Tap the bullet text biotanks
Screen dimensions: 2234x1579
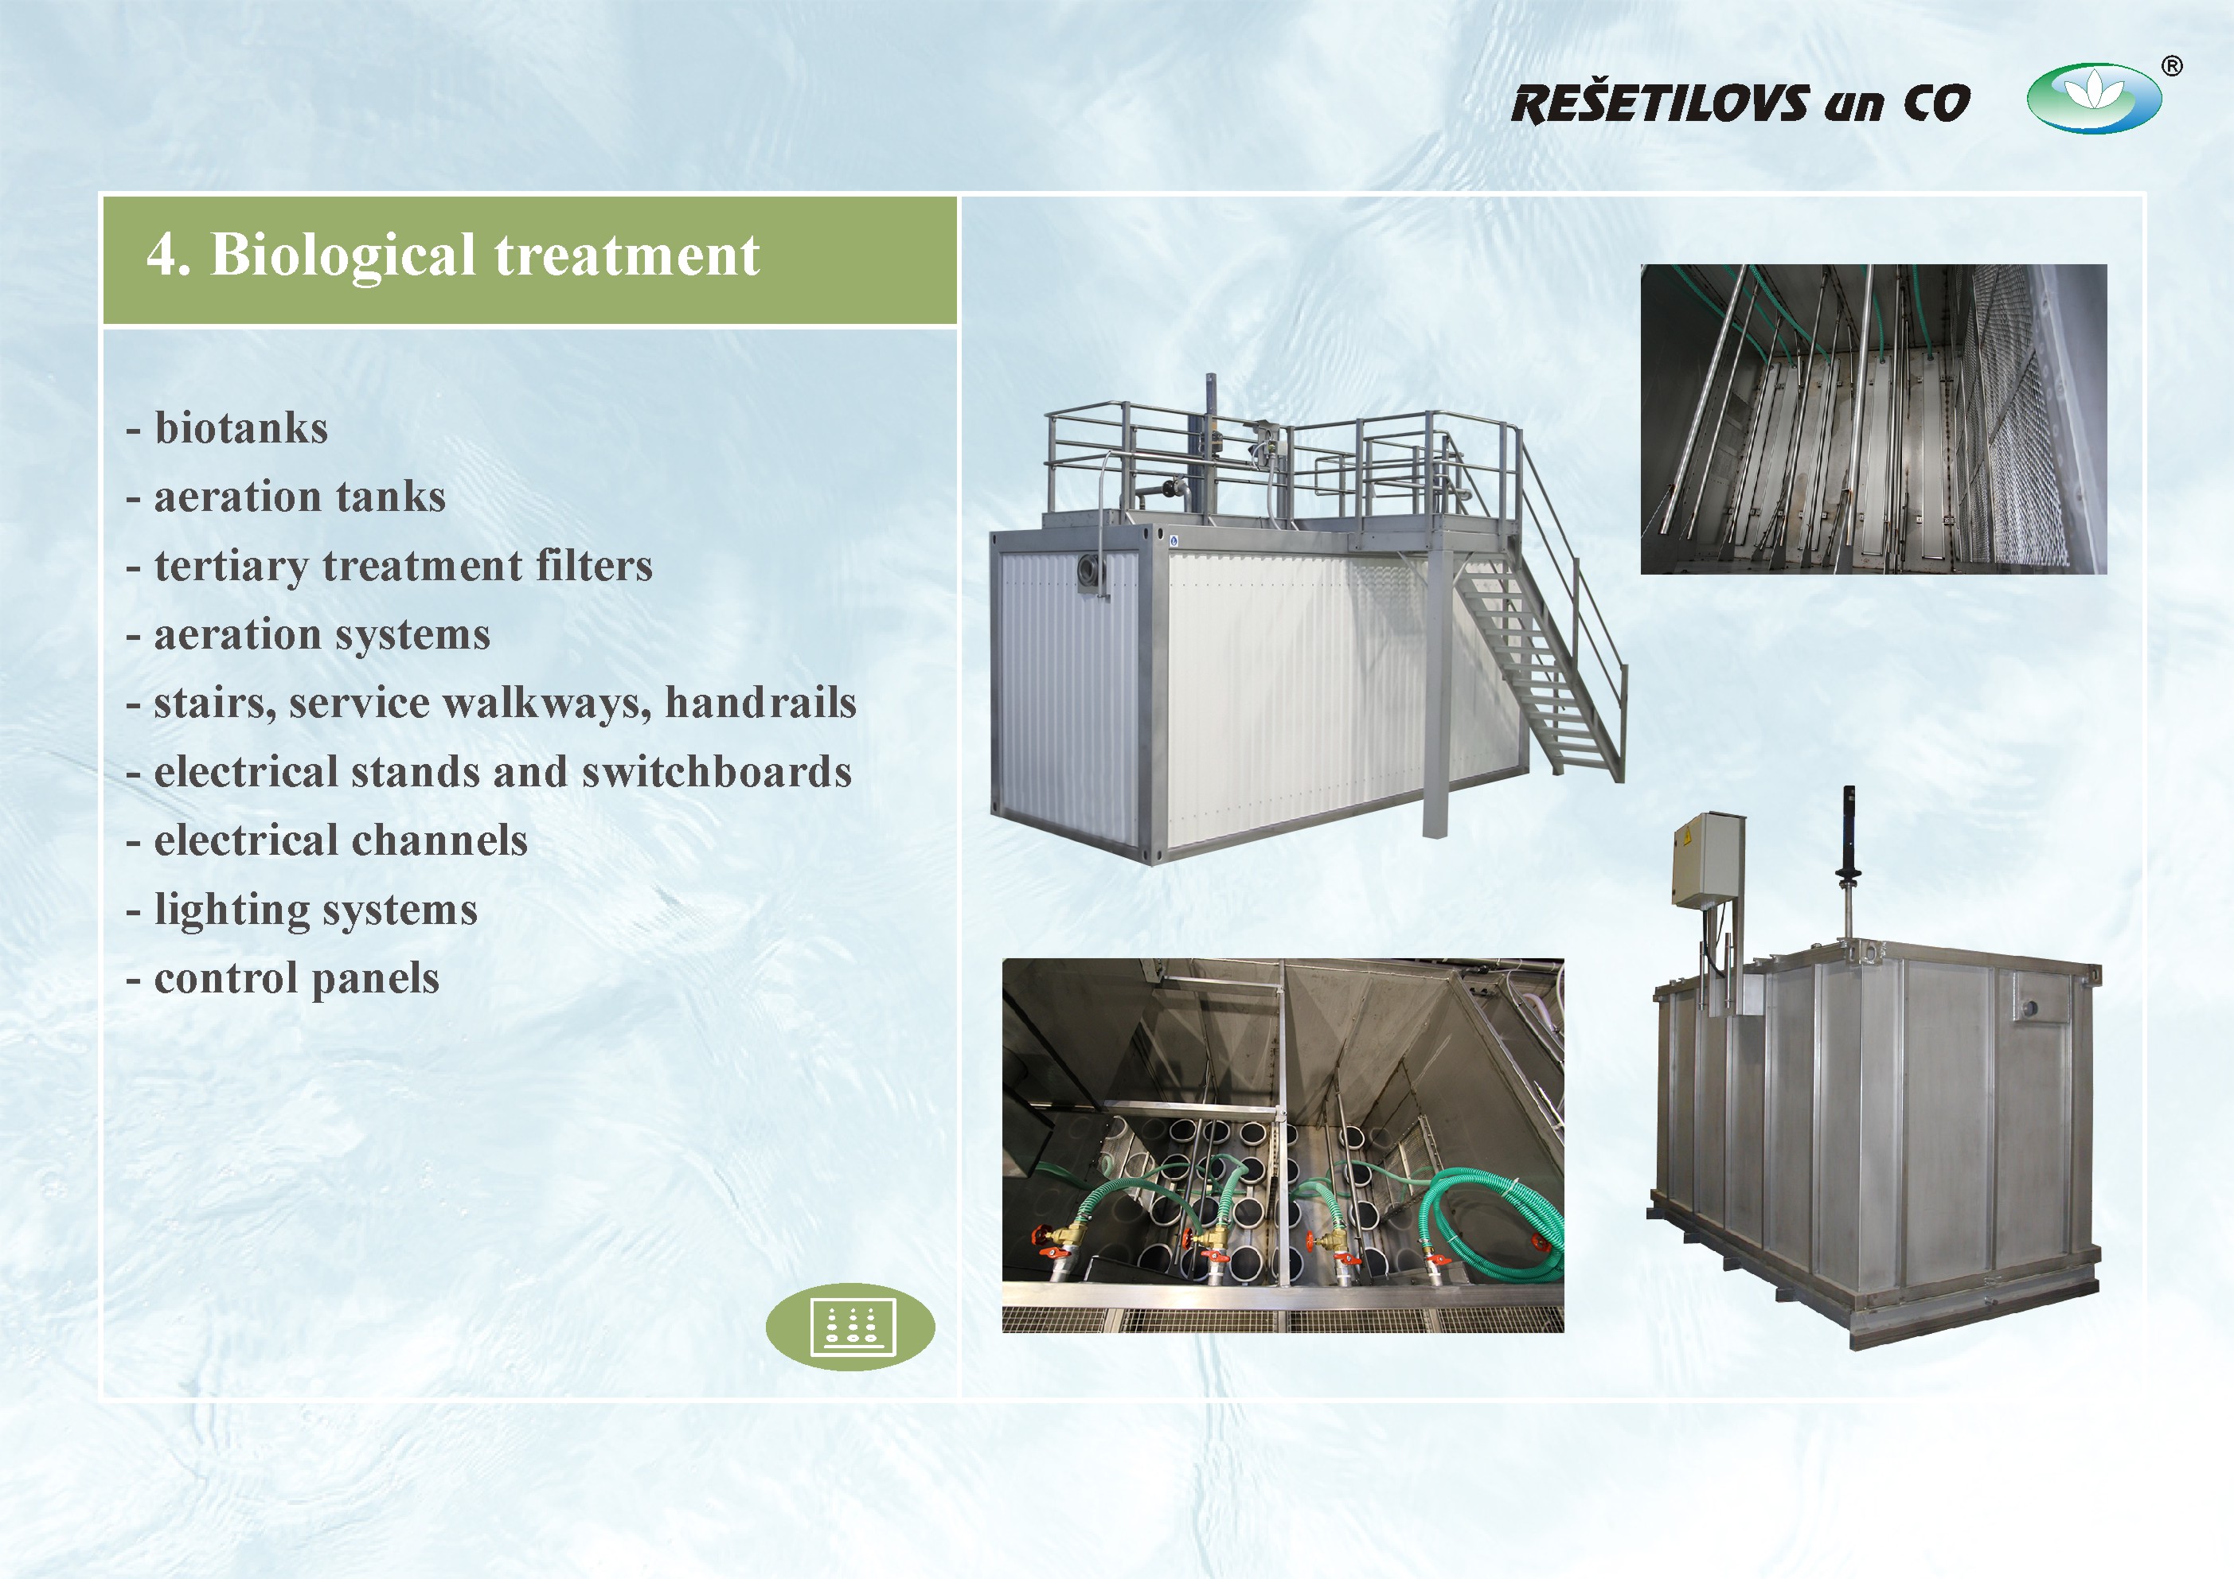point(241,428)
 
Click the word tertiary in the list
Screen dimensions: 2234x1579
point(232,566)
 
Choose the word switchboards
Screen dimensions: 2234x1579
point(717,771)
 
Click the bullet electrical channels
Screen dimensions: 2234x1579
point(341,840)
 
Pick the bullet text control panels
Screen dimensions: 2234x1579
point(297,979)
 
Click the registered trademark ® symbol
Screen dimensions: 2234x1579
point(2171,66)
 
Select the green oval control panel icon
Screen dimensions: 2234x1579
point(850,1326)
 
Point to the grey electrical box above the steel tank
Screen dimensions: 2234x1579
point(1708,861)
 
